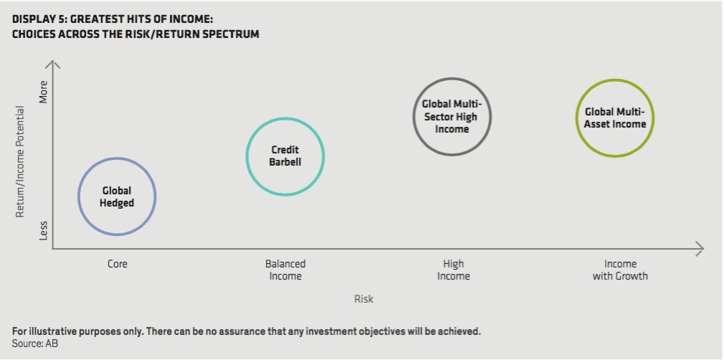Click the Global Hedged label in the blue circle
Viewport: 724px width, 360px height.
[117, 197]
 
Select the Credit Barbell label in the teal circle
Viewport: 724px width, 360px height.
[285, 156]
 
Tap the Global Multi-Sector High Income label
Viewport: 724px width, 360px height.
[452, 116]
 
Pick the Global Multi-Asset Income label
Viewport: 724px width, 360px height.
[615, 118]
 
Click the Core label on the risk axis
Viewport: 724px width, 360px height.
[117, 265]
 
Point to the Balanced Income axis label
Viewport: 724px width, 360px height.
[285, 270]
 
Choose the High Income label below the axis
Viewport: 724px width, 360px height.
[454, 270]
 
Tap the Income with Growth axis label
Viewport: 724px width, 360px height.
[621, 270]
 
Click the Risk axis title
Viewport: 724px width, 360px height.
[364, 299]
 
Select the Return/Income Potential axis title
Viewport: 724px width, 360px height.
[19, 162]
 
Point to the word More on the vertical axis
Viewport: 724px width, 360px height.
[44, 92]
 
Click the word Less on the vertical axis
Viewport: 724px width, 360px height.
[44, 229]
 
